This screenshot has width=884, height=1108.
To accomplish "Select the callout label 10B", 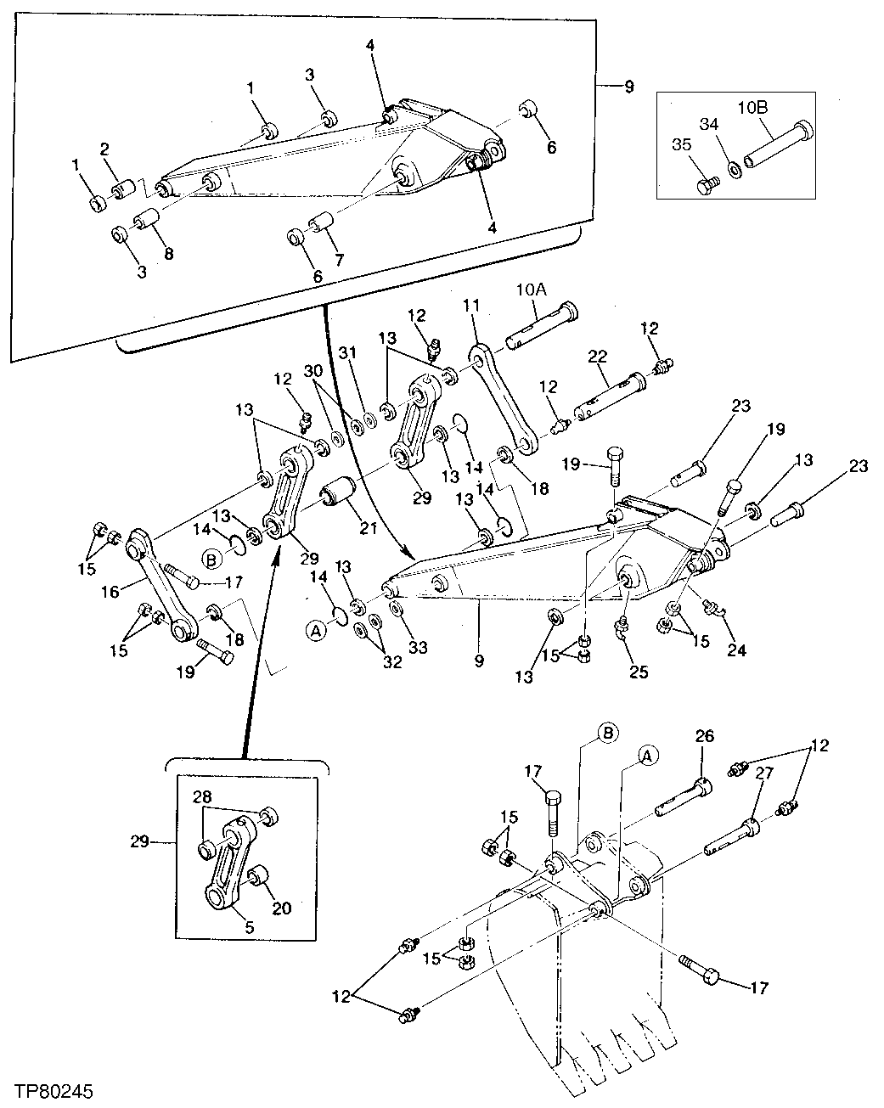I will click(x=753, y=109).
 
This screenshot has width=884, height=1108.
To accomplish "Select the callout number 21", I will click(x=369, y=528).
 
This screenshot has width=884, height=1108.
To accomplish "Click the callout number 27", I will click(x=763, y=773).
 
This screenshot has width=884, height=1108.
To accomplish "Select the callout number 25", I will click(x=639, y=672).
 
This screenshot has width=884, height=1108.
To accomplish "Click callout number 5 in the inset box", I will click(x=250, y=928).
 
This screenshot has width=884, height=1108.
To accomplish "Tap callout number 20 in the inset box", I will click(x=282, y=908).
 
